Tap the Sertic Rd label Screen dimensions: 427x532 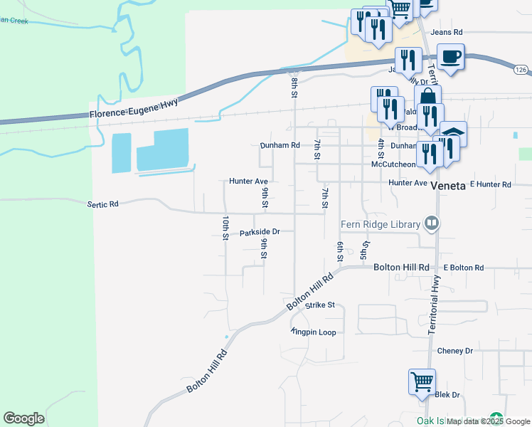tap(102, 204)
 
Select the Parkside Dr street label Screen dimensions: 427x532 tap(260, 232)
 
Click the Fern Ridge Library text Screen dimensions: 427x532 tap(381, 224)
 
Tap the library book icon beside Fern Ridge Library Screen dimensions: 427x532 tap(430, 224)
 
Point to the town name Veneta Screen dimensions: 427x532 tap(447, 185)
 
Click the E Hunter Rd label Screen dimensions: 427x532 tap(490, 184)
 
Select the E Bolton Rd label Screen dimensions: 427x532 tap(463, 268)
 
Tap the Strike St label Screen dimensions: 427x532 tap(319, 305)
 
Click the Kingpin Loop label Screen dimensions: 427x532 tap(314, 332)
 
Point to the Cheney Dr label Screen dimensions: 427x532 tap(455, 351)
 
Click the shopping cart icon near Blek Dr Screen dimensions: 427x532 tap(422, 381)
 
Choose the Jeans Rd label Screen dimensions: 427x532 tap(448, 32)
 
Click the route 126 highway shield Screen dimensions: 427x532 tap(522, 70)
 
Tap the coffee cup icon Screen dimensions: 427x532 tap(450, 56)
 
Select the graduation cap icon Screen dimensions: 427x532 tap(453, 135)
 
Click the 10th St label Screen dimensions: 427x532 tap(225, 226)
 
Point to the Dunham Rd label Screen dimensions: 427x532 tap(279, 145)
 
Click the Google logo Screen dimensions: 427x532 tap(23, 418)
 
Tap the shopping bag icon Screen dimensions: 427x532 tap(427, 98)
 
